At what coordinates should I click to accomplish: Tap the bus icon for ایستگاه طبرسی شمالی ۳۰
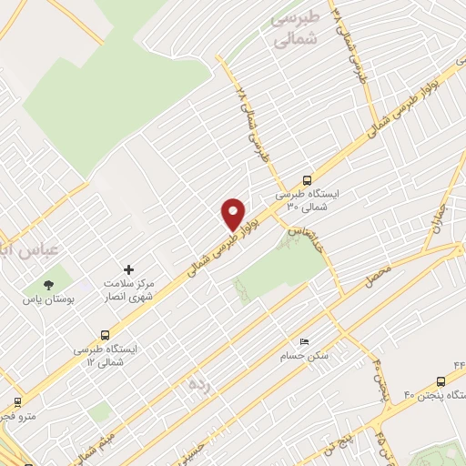pyautogui.click(x=306, y=180)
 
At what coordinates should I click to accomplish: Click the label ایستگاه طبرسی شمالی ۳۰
pyautogui.click(x=307, y=200)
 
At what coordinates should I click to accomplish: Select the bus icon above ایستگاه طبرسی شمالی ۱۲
pyautogui.click(x=106, y=334)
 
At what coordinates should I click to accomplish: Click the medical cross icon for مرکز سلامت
pyautogui.click(x=128, y=269)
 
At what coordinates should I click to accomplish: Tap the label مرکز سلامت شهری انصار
pyautogui.click(x=127, y=290)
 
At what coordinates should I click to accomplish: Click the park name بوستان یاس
pyautogui.click(x=48, y=299)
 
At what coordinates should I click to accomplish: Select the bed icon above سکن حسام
pyautogui.click(x=305, y=340)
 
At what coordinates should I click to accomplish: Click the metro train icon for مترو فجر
pyautogui.click(x=15, y=400)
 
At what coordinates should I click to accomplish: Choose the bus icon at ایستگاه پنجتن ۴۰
pyautogui.click(x=441, y=381)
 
